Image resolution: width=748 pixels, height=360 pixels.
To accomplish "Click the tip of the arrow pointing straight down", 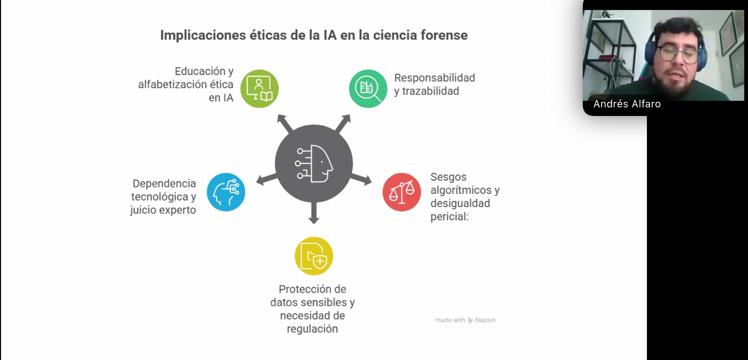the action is pyautogui.click(x=314, y=224).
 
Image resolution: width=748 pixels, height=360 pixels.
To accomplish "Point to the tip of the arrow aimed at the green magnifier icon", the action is pyautogui.click(x=350, y=115).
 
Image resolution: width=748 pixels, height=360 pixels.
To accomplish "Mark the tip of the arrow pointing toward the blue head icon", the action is pyautogui.click(x=257, y=182).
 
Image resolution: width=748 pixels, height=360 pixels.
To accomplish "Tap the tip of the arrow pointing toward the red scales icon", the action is pyautogui.click(x=371, y=181).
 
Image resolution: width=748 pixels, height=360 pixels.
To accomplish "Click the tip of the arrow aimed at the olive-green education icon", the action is pyautogui.click(x=278, y=115).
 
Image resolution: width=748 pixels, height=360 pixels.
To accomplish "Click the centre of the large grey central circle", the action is pyautogui.click(x=314, y=164).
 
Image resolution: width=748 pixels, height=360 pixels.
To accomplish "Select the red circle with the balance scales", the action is pyautogui.click(x=402, y=192).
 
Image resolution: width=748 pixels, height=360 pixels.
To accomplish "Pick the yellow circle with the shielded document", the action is pyautogui.click(x=314, y=256).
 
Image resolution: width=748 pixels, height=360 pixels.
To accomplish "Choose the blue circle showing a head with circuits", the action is pyautogui.click(x=226, y=192).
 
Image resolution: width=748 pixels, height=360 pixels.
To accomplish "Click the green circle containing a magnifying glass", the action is pyautogui.click(x=368, y=89).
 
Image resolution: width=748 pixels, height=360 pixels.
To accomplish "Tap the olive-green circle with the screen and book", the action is pyautogui.click(x=259, y=89).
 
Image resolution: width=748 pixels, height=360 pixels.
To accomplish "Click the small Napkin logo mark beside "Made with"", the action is pyautogui.click(x=470, y=320).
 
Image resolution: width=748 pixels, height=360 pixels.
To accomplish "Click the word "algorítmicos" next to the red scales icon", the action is pyautogui.click(x=461, y=190).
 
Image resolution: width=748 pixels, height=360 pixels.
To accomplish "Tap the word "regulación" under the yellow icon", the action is pyautogui.click(x=312, y=329).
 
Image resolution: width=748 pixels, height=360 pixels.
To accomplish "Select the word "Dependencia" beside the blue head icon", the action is pyautogui.click(x=164, y=184).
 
